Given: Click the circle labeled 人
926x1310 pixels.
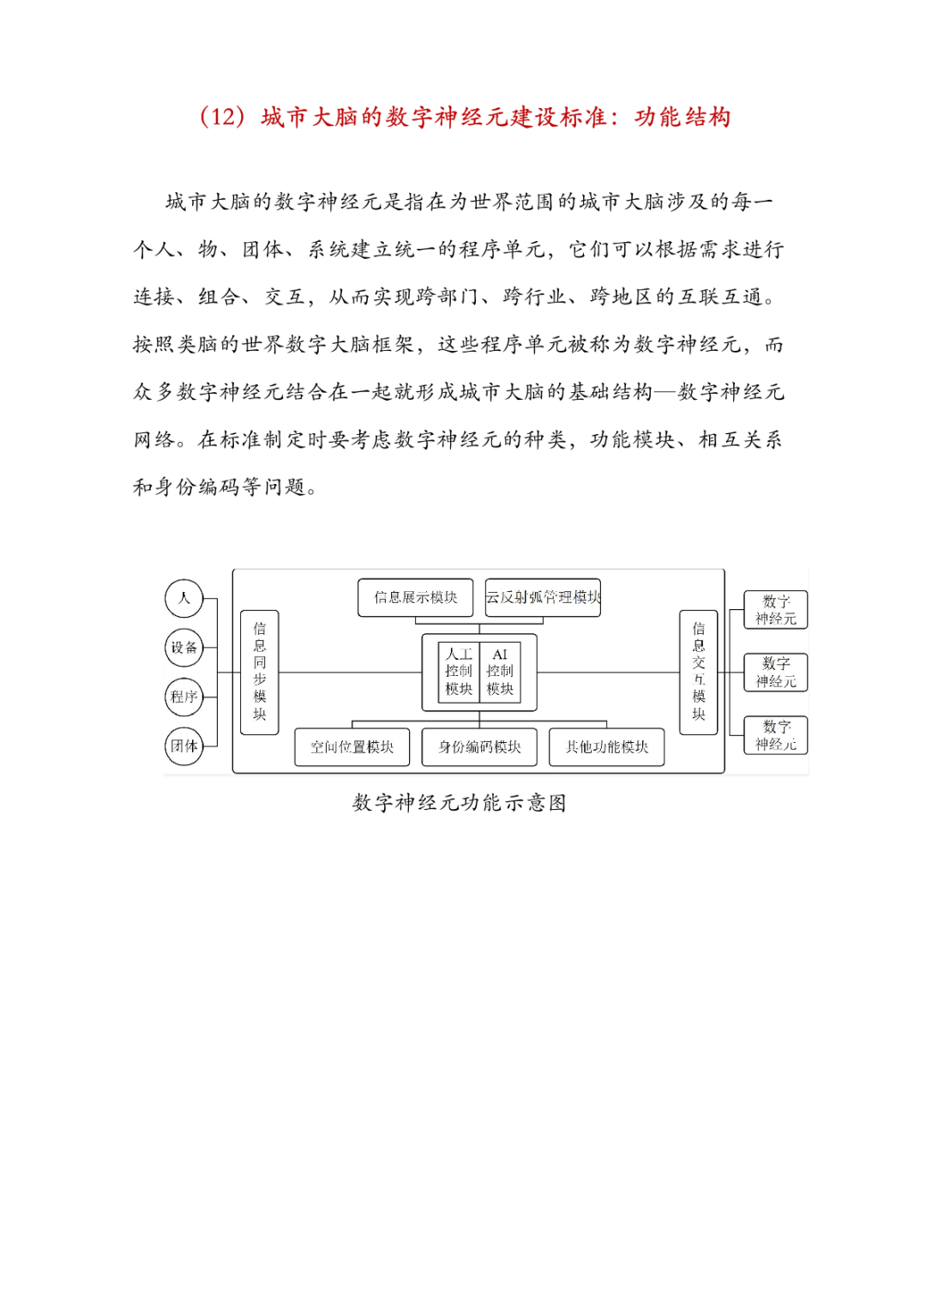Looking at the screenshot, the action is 183,598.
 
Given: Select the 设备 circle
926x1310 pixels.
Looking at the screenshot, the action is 183,648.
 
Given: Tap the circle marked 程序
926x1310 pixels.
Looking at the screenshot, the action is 183,697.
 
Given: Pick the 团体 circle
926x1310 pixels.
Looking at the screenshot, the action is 183,746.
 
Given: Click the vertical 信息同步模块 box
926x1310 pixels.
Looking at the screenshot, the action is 260,672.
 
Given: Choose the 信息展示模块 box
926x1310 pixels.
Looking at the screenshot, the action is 415,597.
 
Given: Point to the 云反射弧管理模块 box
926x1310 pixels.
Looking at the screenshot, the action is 543,597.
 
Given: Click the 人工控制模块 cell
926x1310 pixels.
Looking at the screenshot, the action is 459,672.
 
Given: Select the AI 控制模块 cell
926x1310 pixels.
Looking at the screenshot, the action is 500,672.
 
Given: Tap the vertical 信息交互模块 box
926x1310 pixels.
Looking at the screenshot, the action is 699,672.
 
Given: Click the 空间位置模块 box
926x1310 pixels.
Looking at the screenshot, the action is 352,747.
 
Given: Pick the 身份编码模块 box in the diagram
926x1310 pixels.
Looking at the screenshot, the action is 479,747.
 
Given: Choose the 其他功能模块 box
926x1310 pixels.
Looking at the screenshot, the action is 606,747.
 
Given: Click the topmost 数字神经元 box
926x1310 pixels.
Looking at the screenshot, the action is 776,610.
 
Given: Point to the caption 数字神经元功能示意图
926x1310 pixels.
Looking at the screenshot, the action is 460,803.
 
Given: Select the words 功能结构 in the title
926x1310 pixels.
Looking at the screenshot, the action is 682,117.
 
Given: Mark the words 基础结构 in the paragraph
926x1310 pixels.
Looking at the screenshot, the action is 611,392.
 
